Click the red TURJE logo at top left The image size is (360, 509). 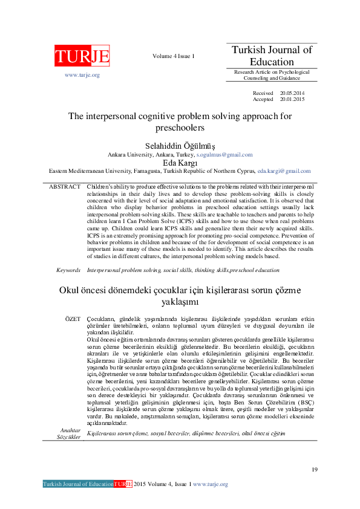tap(82, 57)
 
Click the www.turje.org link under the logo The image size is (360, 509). tap(82, 75)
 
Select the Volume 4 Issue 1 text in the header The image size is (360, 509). tap(174, 56)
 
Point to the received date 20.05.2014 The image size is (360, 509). tap(293, 92)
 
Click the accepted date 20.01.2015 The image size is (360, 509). tap(293, 99)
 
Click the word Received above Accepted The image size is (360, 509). tap(263, 92)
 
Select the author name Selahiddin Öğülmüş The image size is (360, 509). tap(180, 146)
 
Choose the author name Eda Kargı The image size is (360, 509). tap(180, 163)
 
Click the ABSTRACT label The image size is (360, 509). tap(64, 187)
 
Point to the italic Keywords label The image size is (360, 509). tap(68, 270)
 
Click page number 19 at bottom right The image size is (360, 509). tap(314, 470)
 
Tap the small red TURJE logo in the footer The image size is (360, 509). tap(122, 484)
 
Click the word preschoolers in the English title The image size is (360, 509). tap(180, 128)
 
